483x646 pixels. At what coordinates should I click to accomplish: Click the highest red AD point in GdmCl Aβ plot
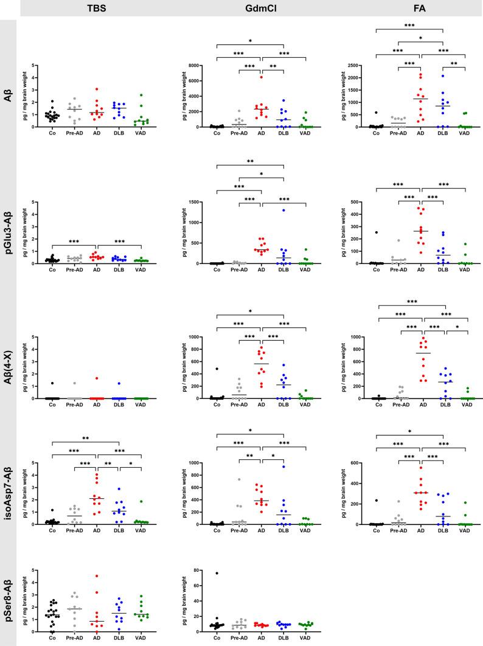[x=261, y=77]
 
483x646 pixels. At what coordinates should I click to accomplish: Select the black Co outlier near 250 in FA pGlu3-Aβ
[x=377, y=232]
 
